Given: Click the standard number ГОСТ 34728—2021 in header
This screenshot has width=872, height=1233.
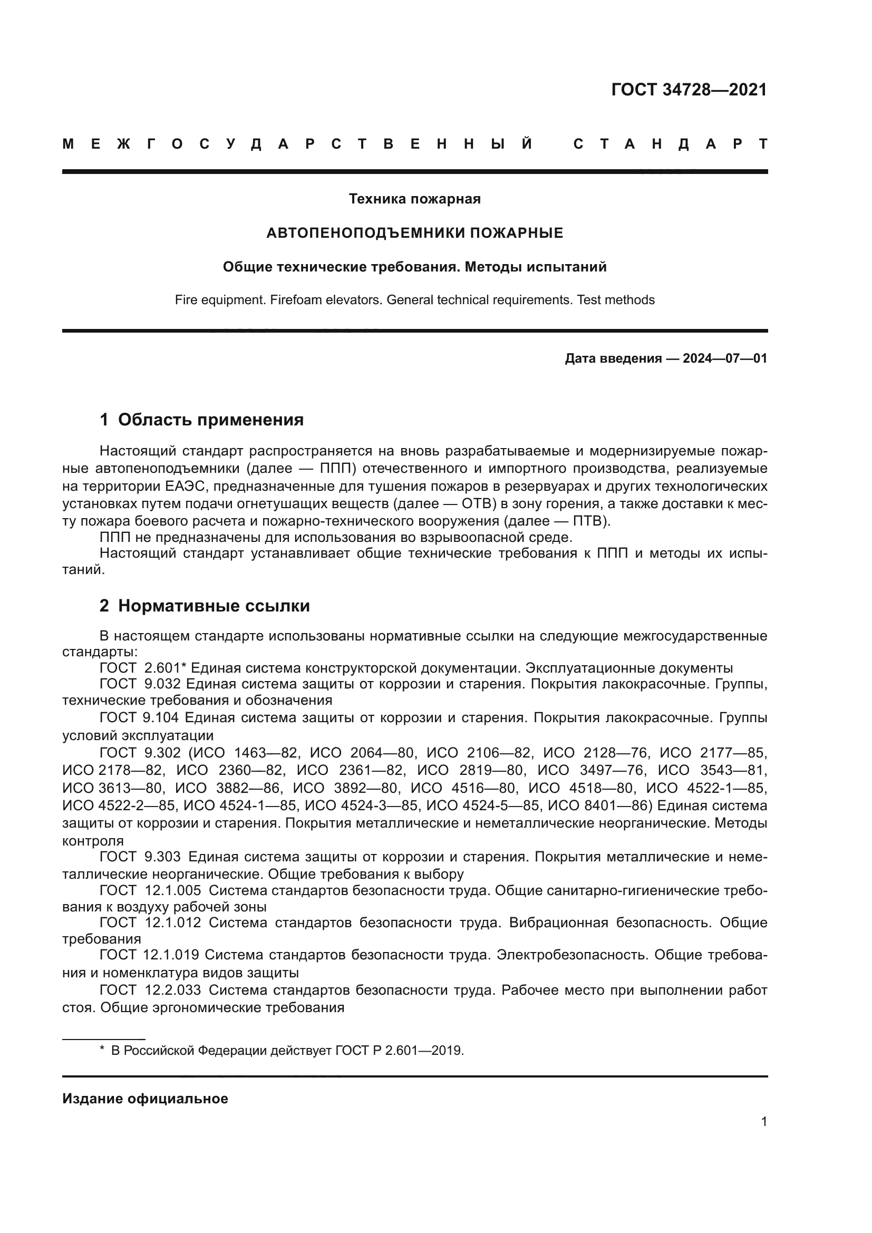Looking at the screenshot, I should pos(689,90).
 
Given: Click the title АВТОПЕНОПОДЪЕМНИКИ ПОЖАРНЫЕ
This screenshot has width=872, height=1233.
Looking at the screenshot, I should pos(414,233).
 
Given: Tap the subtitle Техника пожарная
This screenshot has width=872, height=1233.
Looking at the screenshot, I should pos(414,199).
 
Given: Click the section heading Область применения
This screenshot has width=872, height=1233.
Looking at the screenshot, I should pos(210,420).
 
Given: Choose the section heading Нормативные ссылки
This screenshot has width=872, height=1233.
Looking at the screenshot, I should pos(214,606).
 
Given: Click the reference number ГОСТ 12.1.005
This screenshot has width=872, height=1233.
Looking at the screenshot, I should pos(150,891).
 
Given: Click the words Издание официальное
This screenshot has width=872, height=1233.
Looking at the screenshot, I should pos(145,1099).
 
